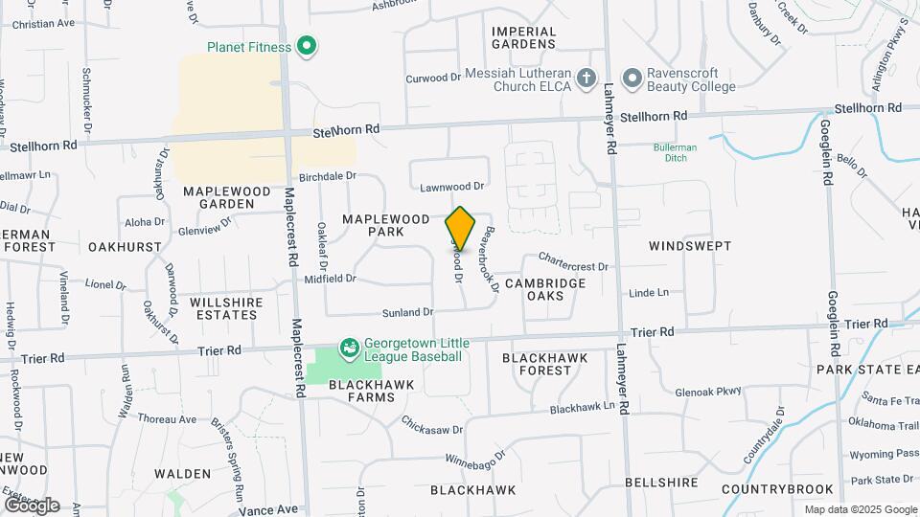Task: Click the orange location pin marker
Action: (460, 228)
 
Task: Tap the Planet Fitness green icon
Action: (307, 45)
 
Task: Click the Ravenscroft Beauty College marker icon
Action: (631, 78)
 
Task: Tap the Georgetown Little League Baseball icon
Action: (350, 347)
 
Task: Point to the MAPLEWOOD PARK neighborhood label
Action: (387, 225)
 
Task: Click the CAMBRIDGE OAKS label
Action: (544, 289)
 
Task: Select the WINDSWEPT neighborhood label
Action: (689, 246)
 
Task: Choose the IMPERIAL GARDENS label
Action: (523, 37)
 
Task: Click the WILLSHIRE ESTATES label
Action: (226, 308)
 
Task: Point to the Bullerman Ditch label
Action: (675, 152)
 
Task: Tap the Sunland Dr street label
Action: (408, 312)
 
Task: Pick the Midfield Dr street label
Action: (330, 280)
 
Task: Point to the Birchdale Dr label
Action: (327, 176)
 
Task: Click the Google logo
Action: (31, 505)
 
